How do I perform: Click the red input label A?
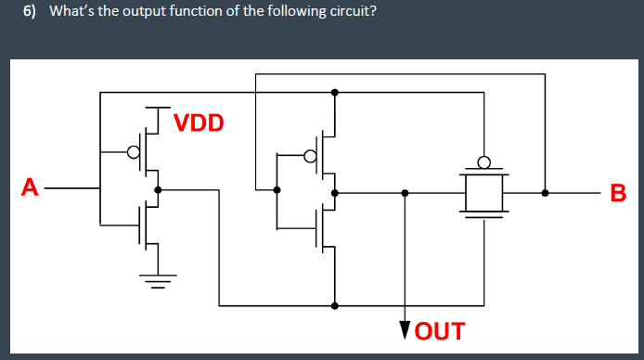[x=31, y=188]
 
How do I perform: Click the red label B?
[x=619, y=194]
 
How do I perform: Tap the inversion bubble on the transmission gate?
[x=483, y=160]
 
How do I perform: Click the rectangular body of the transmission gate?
[x=483, y=193]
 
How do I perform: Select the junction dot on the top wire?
[x=334, y=92]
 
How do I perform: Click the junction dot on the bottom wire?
[x=334, y=305]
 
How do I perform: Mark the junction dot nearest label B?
[x=545, y=193]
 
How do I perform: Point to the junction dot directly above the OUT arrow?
[x=404, y=193]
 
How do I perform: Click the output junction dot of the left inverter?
[x=158, y=189]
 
